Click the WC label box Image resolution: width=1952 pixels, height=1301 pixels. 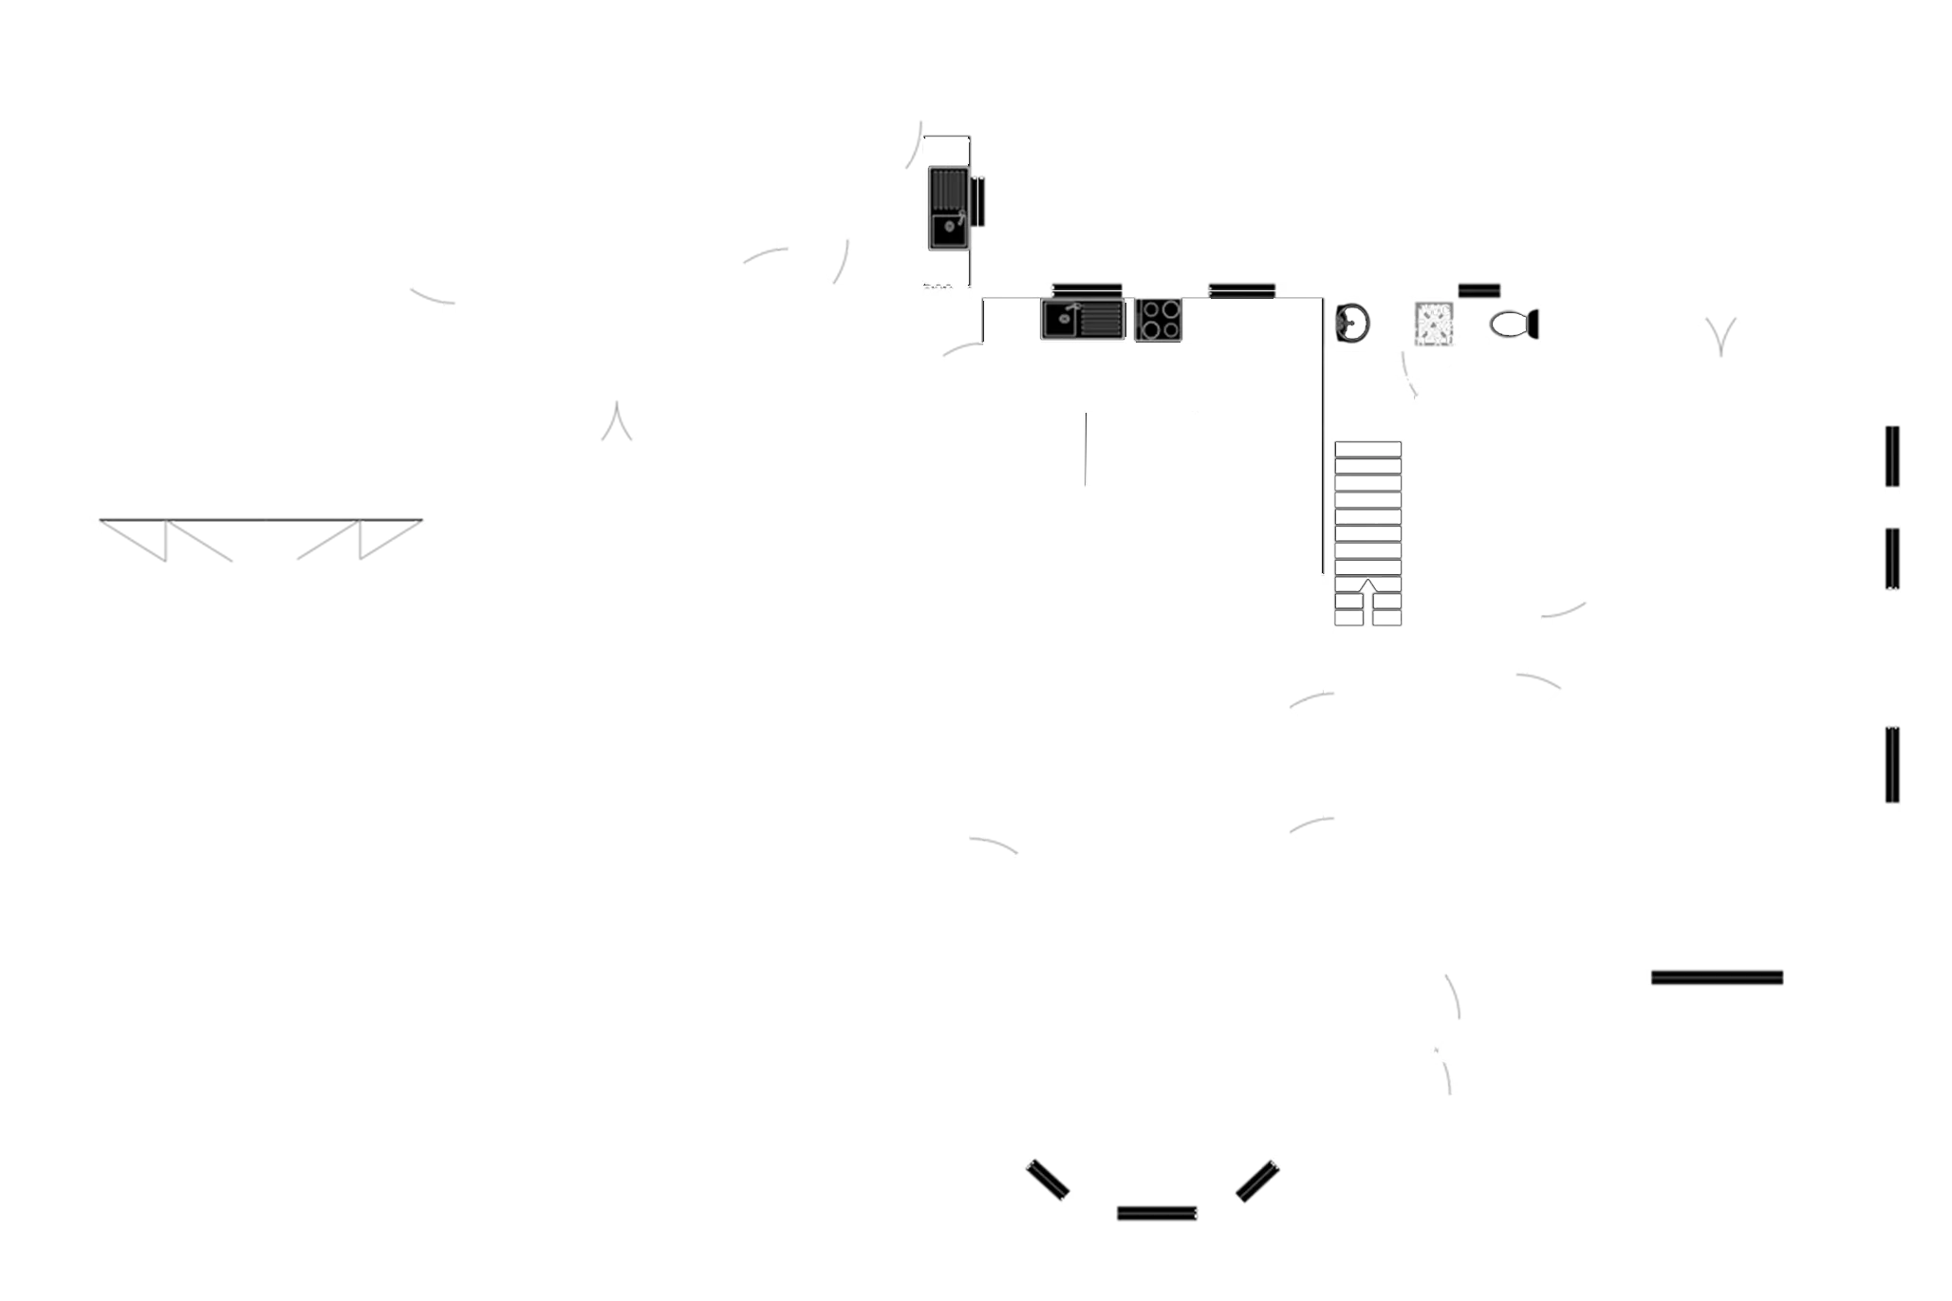pyautogui.click(x=1434, y=325)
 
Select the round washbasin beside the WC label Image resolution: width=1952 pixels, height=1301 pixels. pyautogui.click(x=1353, y=323)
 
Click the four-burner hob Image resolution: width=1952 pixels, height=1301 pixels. pyautogui.click(x=1160, y=320)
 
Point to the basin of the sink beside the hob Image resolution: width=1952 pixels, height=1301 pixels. pyautogui.click(x=1059, y=320)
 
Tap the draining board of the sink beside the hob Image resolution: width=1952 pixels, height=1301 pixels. pyautogui.click(x=1101, y=320)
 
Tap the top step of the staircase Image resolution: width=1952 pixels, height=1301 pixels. pyautogui.click(x=1367, y=449)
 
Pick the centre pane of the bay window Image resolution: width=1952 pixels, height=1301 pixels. pyautogui.click(x=1157, y=1211)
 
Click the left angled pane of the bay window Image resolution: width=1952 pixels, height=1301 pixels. pyautogui.click(x=1048, y=1180)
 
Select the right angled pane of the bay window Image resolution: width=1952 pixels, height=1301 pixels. pyautogui.click(x=1256, y=1180)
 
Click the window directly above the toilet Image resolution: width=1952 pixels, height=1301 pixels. pyautogui.click(x=1478, y=290)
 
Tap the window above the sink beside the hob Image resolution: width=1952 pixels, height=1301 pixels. pyautogui.click(x=1088, y=289)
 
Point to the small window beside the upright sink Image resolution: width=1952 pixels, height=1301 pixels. pyautogui.click(x=978, y=201)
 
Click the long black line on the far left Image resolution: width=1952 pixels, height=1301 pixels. pyautogui.click(x=261, y=520)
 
